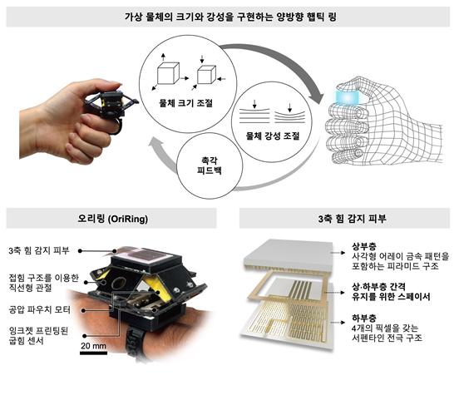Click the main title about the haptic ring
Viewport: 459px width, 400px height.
229,17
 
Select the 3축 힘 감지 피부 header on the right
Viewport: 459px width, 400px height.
343,220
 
